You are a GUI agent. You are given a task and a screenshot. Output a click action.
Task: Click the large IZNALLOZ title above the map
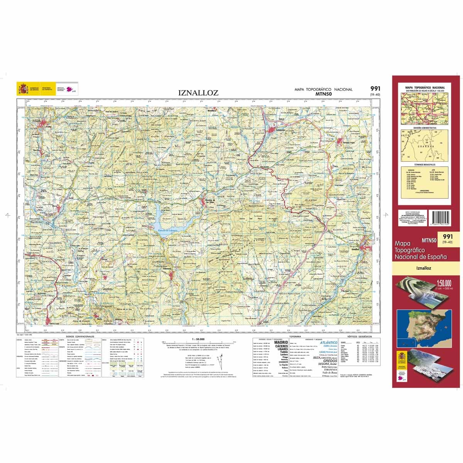(198, 93)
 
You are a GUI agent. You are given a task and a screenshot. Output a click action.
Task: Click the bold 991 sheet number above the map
(374, 89)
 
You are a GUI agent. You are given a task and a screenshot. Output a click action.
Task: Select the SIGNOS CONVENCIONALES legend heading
(80, 336)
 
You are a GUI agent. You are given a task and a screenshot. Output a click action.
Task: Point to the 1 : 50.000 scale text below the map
(198, 339)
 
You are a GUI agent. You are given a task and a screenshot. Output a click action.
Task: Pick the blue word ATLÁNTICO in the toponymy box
(328, 342)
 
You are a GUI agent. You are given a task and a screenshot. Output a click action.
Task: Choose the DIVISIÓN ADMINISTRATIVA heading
(424, 127)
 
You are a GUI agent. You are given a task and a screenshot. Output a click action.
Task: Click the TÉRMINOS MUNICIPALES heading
(424, 164)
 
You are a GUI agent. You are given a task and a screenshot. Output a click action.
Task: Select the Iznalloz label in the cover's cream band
(424, 268)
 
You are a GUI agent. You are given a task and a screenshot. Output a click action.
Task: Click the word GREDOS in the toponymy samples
(330, 361)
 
